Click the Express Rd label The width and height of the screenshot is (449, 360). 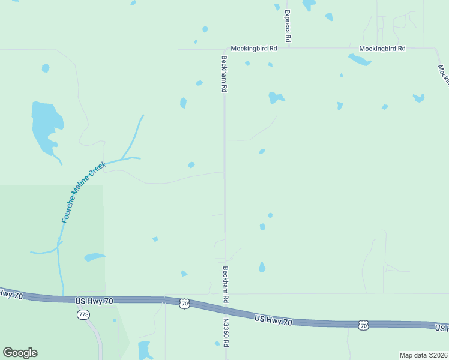point(288,25)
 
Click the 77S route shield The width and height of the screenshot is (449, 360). point(83,314)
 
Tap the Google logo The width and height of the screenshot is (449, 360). point(20,353)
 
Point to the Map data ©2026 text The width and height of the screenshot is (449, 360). point(423,355)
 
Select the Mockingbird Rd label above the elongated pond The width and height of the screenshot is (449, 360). point(382,48)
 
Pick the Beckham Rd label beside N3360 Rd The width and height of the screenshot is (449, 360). point(226,284)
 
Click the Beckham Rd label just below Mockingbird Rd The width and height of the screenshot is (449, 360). point(223,73)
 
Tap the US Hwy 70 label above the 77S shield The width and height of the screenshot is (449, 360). point(95,300)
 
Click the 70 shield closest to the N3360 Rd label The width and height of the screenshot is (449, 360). point(184,304)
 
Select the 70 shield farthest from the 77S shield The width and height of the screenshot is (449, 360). point(363,325)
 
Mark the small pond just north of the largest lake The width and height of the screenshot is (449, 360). point(46,68)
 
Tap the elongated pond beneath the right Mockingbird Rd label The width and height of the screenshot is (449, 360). point(359,59)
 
